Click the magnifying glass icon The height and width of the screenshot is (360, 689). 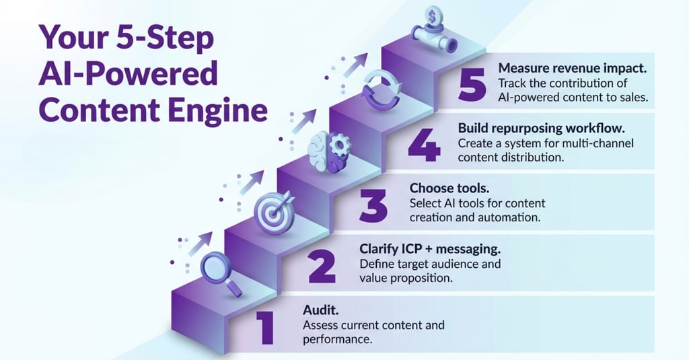[x=221, y=271]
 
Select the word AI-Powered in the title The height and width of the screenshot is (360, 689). [x=127, y=74]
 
